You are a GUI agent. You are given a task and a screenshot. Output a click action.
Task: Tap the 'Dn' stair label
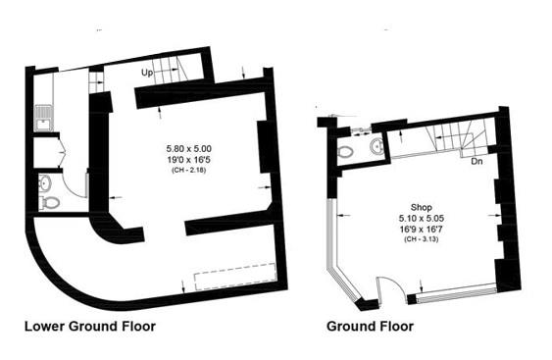(x=477, y=161)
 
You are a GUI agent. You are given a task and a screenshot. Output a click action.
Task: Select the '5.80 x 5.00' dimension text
(x=188, y=147)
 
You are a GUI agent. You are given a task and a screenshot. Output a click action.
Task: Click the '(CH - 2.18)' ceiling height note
(x=188, y=169)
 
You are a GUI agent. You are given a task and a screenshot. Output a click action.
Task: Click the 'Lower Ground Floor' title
(x=89, y=326)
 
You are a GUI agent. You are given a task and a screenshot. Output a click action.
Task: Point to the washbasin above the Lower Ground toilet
(x=47, y=182)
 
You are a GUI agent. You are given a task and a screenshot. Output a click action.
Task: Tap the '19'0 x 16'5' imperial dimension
(x=188, y=158)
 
